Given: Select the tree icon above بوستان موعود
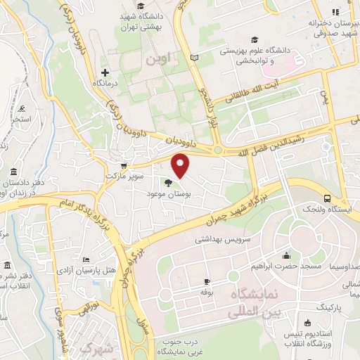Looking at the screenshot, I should tap(167, 183).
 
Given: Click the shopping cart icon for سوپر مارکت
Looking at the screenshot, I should tap(124, 166).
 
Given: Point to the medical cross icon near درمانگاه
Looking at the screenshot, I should tap(105, 72).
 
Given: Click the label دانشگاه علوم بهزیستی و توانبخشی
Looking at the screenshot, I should tap(257, 56).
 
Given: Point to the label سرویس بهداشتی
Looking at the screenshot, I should tap(224, 239).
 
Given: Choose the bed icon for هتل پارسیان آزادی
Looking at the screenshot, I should tap(86, 260).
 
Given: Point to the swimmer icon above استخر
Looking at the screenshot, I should tap(23, 108).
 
